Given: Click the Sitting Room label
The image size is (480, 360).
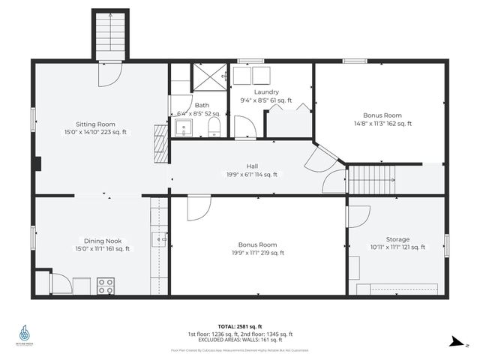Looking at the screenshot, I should tap(95, 124).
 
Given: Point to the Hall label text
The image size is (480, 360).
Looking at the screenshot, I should tap(253, 166).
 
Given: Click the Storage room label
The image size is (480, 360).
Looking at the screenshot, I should tap(397, 238).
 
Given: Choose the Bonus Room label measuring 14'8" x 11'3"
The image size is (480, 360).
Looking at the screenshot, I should tap(382, 115).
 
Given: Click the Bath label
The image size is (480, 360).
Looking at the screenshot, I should tap(202, 106).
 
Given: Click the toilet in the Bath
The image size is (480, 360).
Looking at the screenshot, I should tap(214, 124).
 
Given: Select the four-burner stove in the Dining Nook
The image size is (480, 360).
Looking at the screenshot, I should tap(106, 286).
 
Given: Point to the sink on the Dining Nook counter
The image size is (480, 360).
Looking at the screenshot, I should tap(158, 240).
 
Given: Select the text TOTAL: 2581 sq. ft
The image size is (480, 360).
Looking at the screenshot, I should tap(240, 326).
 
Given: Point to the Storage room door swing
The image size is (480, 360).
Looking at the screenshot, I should tap(355, 215).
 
